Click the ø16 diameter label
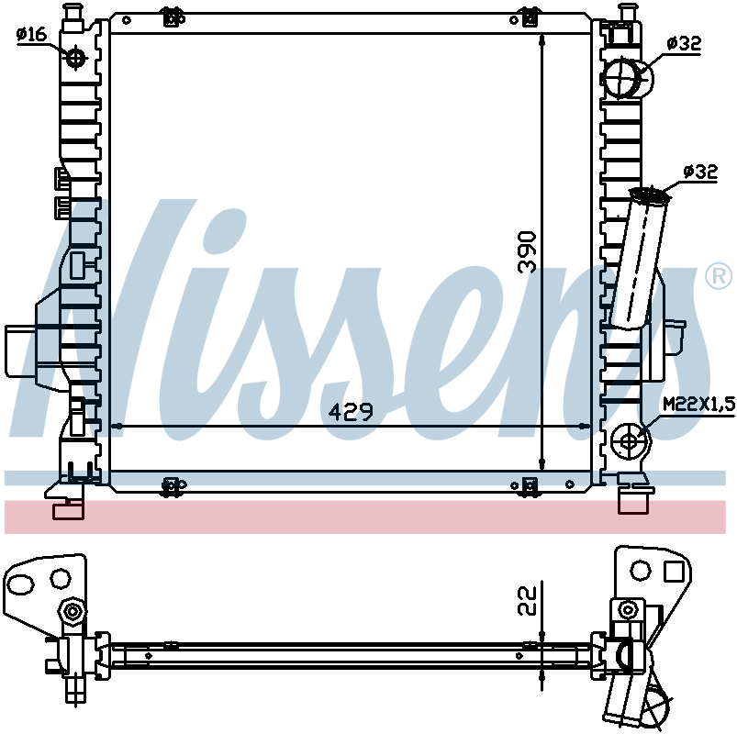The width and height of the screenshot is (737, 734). [31, 34]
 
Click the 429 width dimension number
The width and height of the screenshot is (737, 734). [351, 412]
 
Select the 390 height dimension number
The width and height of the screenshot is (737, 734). [527, 252]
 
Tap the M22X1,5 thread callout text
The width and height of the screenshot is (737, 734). [698, 404]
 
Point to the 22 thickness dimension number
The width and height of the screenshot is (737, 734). [527, 601]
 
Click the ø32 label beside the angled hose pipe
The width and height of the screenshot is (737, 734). [700, 172]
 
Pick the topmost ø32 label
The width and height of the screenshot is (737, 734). [684, 43]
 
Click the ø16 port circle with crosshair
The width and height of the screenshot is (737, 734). [75, 59]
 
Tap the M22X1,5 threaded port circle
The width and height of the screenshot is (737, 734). [629, 441]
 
